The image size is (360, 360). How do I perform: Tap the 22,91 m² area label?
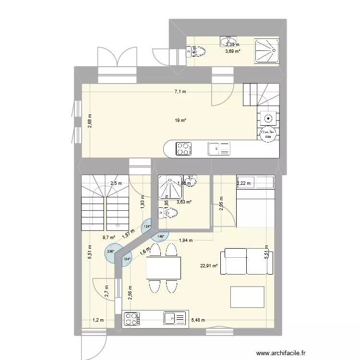point(209,265)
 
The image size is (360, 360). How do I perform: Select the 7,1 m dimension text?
point(180,92)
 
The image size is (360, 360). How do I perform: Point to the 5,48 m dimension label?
point(198,320)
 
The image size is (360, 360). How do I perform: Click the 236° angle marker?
point(110,251)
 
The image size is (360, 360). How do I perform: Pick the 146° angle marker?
point(161,236)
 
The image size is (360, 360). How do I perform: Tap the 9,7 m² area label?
point(109,237)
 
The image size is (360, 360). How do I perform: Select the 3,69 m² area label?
point(233,51)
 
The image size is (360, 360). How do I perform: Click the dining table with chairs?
point(163,268)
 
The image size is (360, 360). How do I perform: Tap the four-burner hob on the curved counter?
point(183,149)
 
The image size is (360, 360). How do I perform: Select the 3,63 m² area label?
point(184,202)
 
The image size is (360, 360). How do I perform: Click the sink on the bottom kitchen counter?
point(174,318)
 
